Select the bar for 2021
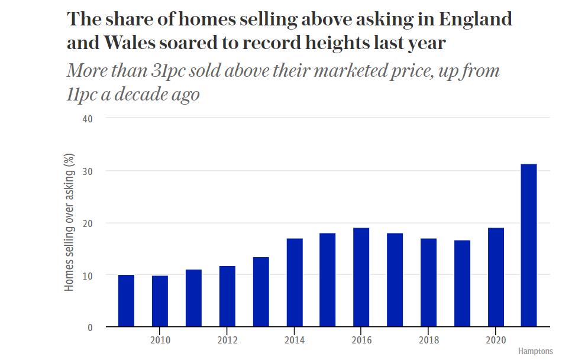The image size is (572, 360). click(x=529, y=245)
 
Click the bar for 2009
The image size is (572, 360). click(x=126, y=301)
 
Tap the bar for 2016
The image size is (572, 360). click(x=361, y=277)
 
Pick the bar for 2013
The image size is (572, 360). click(x=261, y=292)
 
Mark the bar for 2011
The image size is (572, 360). click(x=193, y=299)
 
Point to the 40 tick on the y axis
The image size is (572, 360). click(x=88, y=119)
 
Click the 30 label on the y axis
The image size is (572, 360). click(x=88, y=171)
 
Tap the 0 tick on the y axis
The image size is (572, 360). click(x=91, y=327)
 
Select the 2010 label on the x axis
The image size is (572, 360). click(x=160, y=340)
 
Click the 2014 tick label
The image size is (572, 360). click(x=294, y=340)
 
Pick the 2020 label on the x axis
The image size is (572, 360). click(x=496, y=340)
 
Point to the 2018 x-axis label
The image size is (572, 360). click(x=428, y=340)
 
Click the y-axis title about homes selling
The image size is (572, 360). click(x=70, y=222)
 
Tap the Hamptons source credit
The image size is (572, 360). click(x=535, y=351)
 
